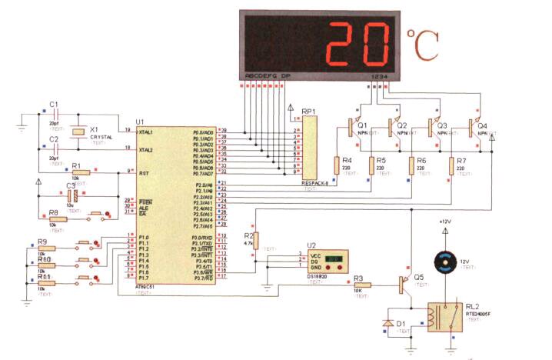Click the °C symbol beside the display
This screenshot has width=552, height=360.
pyautogui.click(x=422, y=45)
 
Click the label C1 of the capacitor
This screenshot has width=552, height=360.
pyautogui.click(x=53, y=104)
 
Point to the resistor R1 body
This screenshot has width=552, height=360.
pyautogui.click(x=80, y=173)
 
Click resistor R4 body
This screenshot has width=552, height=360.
pyautogui.click(x=337, y=165)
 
